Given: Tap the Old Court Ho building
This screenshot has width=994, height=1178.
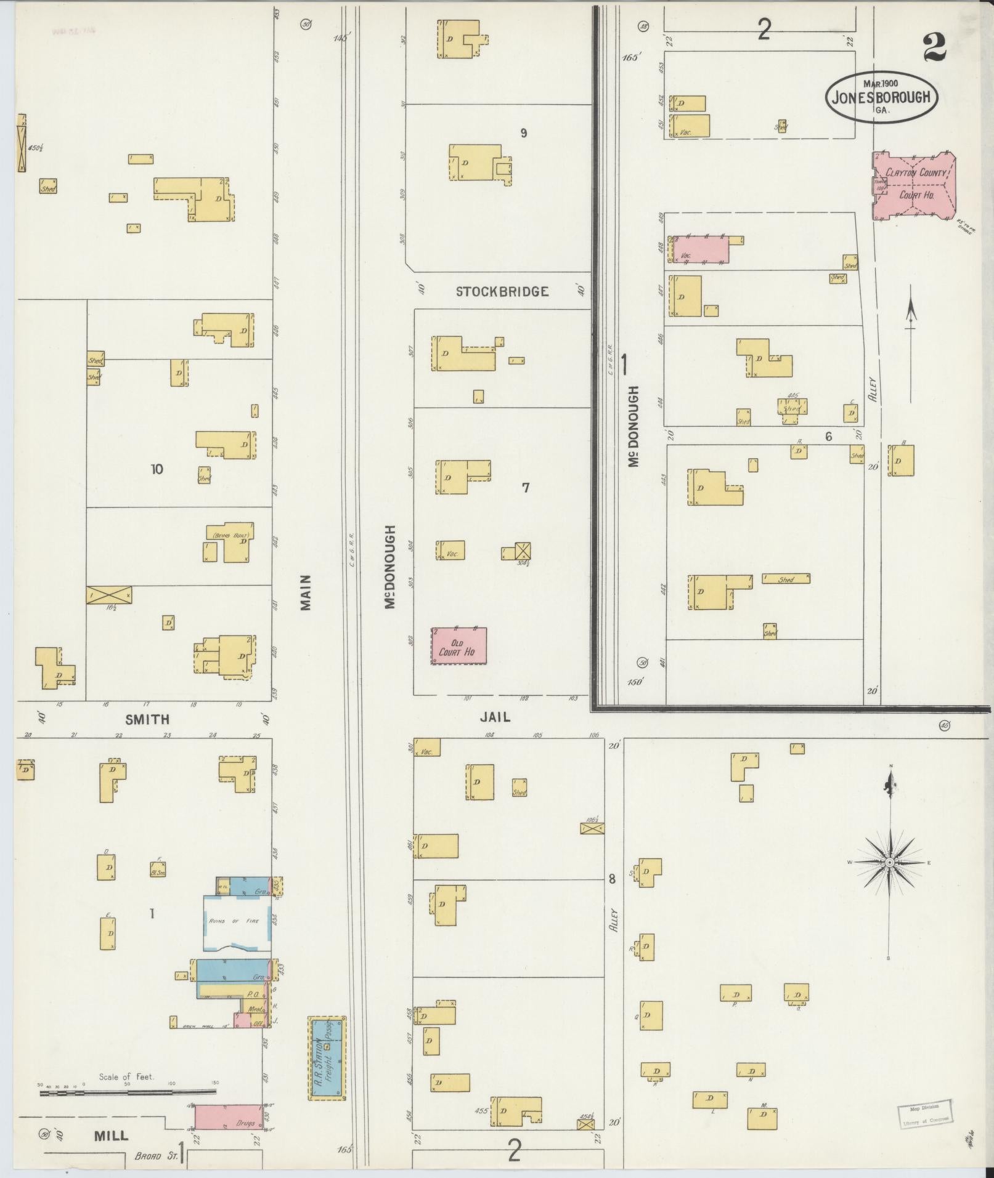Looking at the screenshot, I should (458, 647).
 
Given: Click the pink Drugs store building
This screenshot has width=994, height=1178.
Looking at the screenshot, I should (229, 1122).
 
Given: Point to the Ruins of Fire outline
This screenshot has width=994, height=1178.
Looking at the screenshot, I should (237, 922).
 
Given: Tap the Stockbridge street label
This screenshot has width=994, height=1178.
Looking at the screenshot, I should (502, 292).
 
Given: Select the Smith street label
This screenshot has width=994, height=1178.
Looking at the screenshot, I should (147, 719).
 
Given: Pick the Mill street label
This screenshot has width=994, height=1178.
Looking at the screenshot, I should (111, 1135).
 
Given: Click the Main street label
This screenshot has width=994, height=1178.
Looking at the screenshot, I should (306, 592).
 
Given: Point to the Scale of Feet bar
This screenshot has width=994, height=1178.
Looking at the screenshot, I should (128, 1093).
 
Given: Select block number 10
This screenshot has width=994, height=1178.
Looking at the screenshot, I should (157, 469).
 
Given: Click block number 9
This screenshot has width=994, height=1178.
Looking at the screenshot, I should (523, 133).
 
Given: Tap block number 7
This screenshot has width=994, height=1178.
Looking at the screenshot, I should (525, 488).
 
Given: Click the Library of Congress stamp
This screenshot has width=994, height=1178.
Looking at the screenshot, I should (926, 1114).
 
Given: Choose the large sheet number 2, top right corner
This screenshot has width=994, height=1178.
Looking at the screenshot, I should (934, 48).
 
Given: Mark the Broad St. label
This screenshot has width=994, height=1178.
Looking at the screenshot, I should (157, 1156).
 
